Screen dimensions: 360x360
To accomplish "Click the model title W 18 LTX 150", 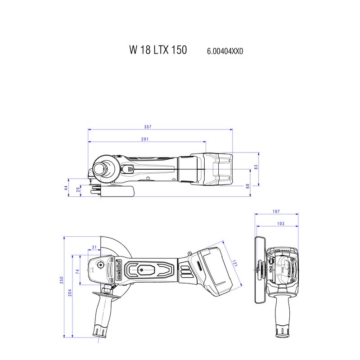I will pyautogui.click(x=157, y=50).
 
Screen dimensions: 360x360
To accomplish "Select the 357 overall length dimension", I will pyautogui.click(x=161, y=126).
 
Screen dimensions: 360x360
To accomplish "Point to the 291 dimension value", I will pyautogui.click(x=145, y=139).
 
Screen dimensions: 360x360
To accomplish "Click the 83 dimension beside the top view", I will pyautogui.click(x=256, y=167).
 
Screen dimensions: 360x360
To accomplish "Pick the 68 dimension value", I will pyautogui.click(x=247, y=185).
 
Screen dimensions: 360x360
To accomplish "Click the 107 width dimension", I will pyautogui.click(x=276, y=211).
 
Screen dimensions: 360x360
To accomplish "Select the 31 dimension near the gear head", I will pyautogui.click(x=94, y=247).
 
